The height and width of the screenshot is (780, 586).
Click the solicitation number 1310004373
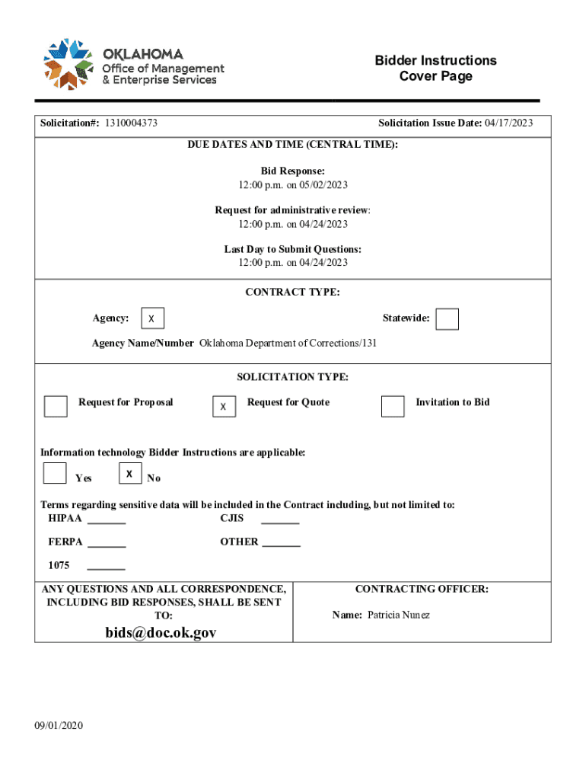132,123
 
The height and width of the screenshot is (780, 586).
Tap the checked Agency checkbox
152,318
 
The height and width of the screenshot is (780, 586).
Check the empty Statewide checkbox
447,319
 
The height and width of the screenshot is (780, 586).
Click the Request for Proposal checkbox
56,406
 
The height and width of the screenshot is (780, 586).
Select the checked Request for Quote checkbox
224,407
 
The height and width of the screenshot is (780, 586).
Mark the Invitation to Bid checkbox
393,406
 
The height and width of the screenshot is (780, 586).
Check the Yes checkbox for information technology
55,473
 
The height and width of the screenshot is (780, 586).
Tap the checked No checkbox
130,474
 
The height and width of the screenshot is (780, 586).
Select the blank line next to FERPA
107,545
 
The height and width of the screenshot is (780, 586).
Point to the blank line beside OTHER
282,545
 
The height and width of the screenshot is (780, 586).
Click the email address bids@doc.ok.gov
161,633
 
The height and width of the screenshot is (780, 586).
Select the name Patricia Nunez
399,615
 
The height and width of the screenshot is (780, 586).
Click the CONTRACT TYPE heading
292,292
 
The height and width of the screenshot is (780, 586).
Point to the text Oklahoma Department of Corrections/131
288,344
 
